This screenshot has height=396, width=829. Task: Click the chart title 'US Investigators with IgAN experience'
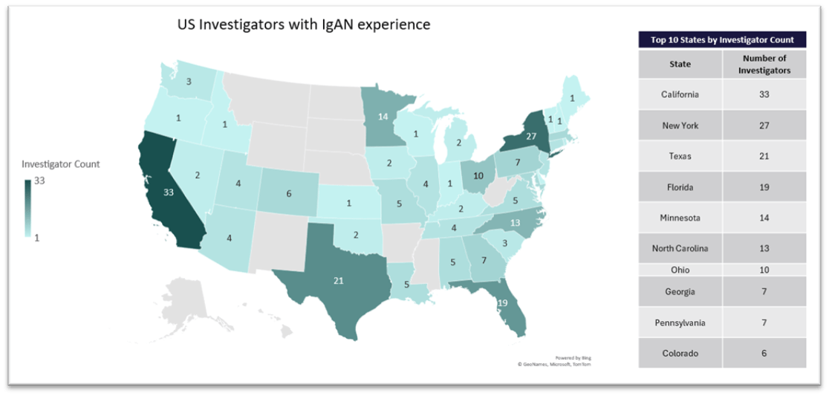click(x=303, y=25)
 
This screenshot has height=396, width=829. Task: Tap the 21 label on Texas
click(x=338, y=281)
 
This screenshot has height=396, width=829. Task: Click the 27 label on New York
click(x=531, y=137)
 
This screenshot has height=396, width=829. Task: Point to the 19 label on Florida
click(x=502, y=302)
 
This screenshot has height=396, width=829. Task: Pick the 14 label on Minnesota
click(x=383, y=117)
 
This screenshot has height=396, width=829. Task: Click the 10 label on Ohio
click(x=478, y=175)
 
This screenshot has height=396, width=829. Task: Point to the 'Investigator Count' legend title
click(x=61, y=163)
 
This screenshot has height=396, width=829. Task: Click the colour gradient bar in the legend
click(x=28, y=209)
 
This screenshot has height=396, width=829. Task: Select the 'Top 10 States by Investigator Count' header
click(x=722, y=40)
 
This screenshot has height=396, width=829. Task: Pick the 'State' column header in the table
click(x=680, y=64)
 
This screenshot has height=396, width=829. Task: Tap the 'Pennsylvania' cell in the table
click(x=680, y=323)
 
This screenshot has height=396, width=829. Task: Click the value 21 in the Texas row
click(x=764, y=156)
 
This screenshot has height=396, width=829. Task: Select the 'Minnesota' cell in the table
click(x=680, y=218)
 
